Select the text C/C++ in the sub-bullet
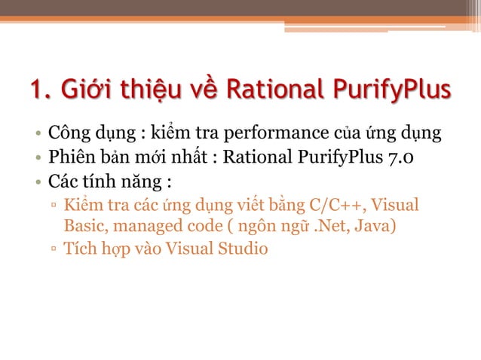point(343,205)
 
